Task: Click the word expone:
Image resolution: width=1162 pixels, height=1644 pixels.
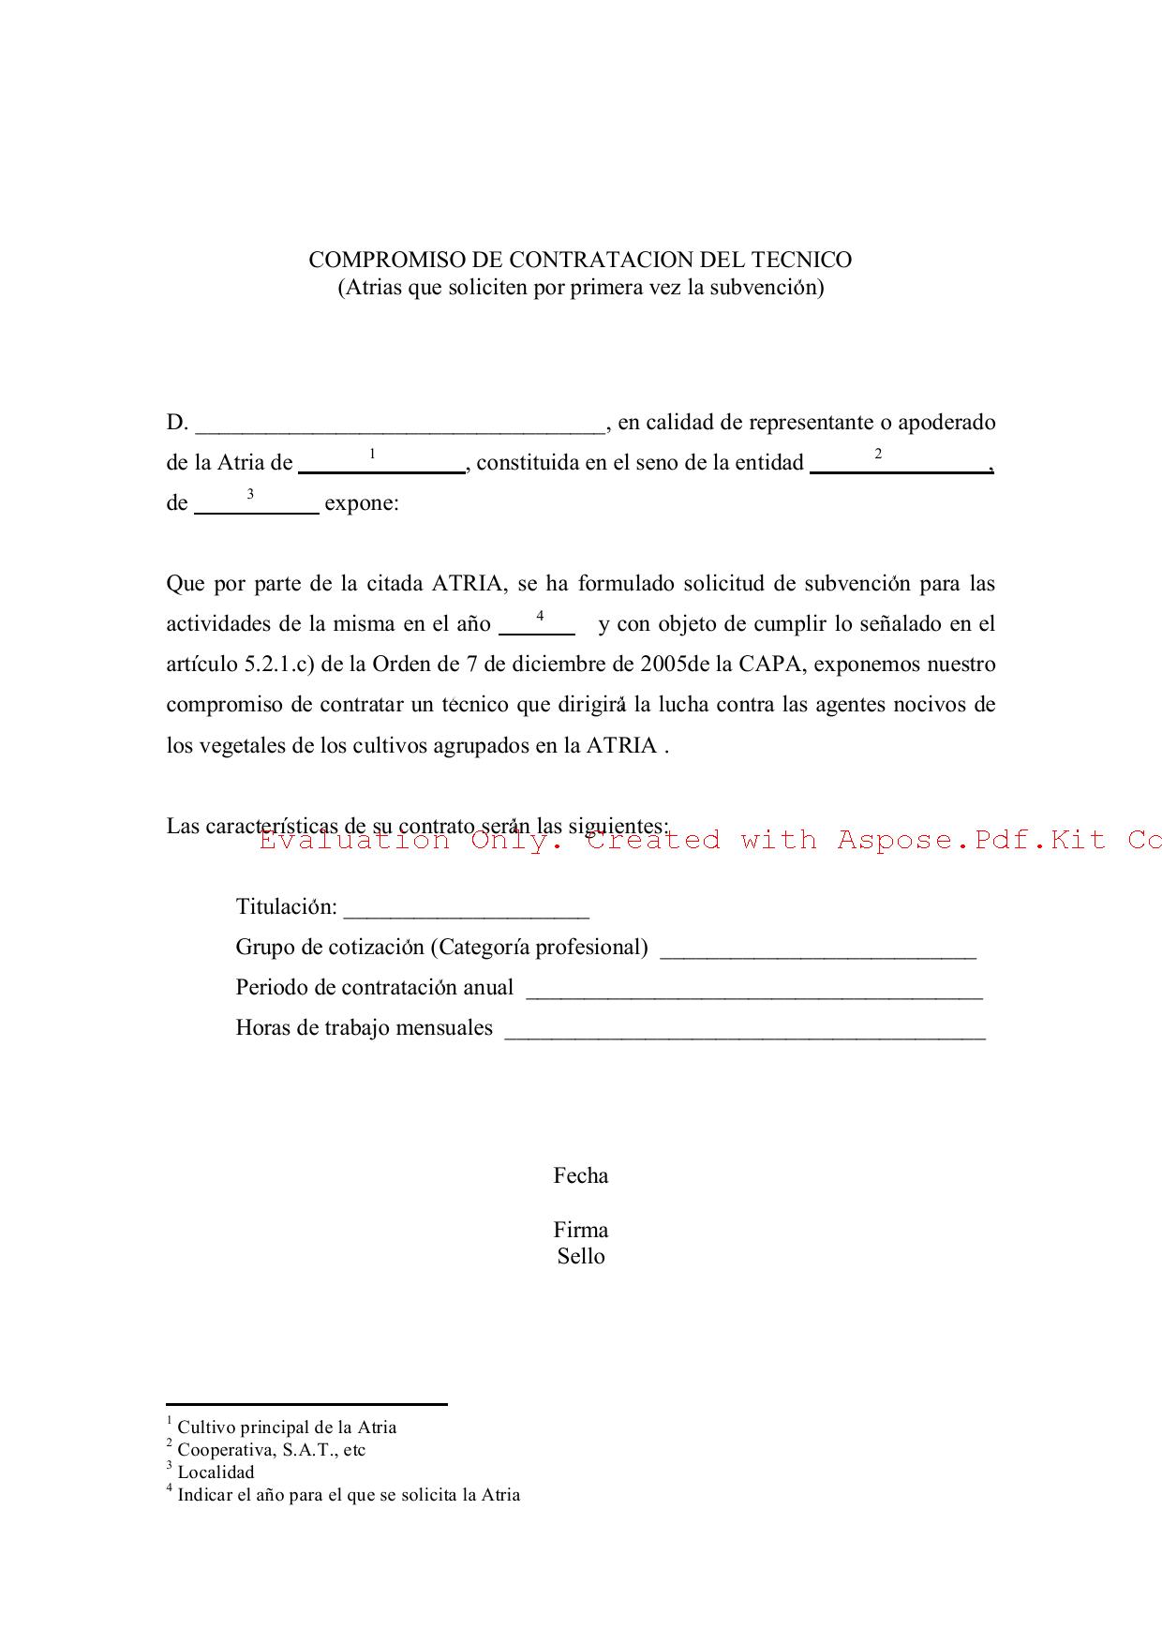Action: pyautogui.click(x=362, y=503)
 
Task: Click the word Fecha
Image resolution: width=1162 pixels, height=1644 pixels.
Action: pyautogui.click(x=581, y=1175)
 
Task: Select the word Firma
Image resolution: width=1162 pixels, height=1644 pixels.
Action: pyautogui.click(x=581, y=1230)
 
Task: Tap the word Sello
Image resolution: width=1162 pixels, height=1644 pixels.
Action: pyautogui.click(x=581, y=1256)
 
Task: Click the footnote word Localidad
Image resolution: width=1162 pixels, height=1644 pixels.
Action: pyautogui.click(x=216, y=1472)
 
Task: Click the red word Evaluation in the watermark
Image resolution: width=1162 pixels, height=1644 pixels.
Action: pyautogui.click(x=354, y=840)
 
